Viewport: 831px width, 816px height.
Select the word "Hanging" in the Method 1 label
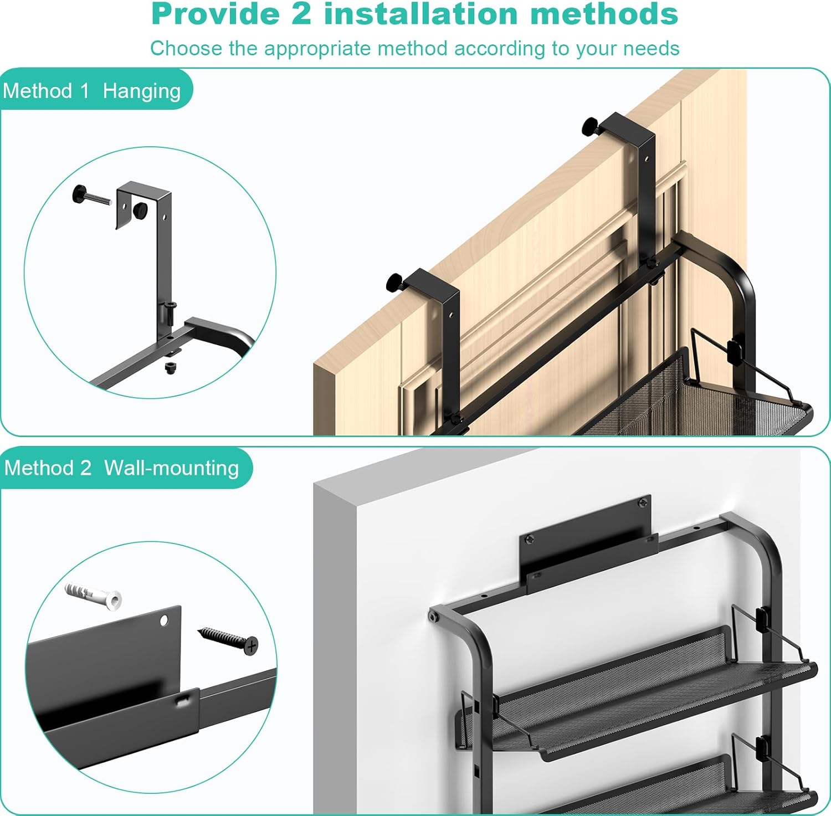point(142,91)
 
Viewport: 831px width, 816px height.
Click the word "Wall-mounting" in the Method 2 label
point(172,468)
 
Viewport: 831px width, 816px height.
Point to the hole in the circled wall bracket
point(165,620)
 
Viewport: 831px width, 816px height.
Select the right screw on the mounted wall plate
point(643,503)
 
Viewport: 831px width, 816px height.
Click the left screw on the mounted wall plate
point(530,538)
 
